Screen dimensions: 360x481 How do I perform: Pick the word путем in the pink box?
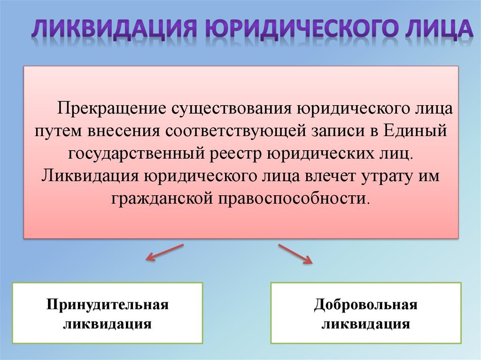(x=57, y=131)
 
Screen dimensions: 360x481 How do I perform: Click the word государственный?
(x=136, y=153)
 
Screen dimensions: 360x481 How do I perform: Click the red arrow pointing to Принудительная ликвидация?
(x=164, y=252)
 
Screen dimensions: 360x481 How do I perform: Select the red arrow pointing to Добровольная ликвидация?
(x=295, y=253)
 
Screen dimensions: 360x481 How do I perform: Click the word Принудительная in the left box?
(x=108, y=305)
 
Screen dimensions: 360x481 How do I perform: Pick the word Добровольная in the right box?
(x=366, y=305)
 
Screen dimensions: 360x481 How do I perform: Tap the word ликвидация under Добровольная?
(x=366, y=324)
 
